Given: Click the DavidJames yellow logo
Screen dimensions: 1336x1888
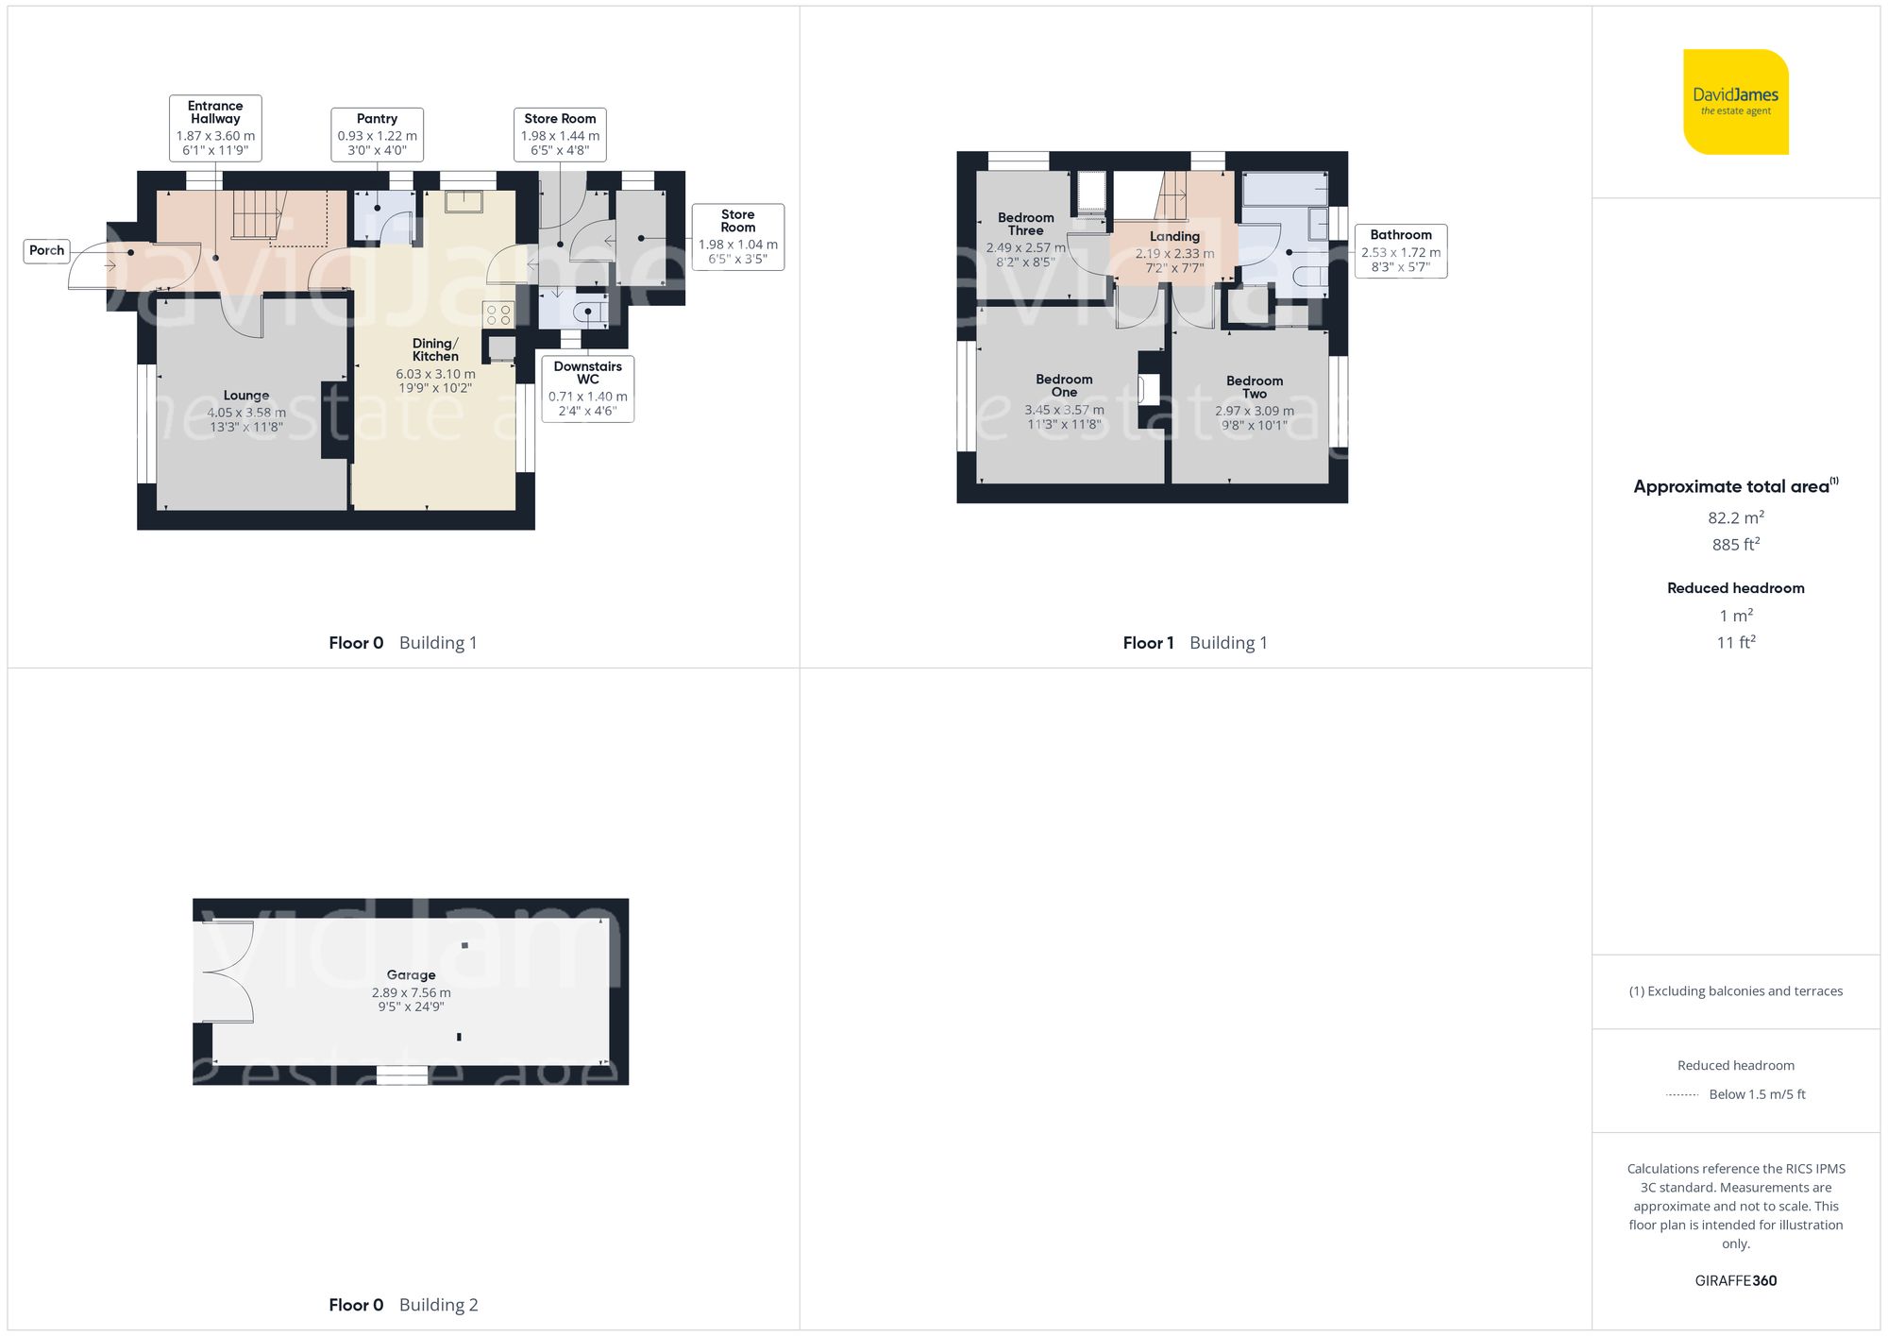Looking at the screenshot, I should tap(1735, 102).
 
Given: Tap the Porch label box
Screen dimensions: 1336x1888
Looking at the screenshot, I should tap(46, 250).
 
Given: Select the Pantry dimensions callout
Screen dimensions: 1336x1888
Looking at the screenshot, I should tap(377, 135).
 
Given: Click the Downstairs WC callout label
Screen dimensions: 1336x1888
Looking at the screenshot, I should tap(587, 388).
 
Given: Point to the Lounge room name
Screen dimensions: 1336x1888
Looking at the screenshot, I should tap(246, 396).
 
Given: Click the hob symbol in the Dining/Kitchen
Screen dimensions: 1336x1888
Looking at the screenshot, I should tap(498, 314).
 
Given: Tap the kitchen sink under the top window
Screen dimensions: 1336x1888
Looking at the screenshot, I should tap(464, 201).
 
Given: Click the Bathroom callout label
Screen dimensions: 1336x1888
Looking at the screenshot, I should tap(1400, 250).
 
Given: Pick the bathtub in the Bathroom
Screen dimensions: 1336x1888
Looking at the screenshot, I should tap(1284, 189).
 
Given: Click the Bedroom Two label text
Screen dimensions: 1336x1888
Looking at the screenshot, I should tap(1254, 387).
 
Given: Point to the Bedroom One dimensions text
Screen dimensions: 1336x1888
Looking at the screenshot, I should tap(1064, 417).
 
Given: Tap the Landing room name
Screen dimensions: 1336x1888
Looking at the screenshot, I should tap(1174, 236).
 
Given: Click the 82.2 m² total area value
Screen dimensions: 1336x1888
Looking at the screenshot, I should tap(1735, 517).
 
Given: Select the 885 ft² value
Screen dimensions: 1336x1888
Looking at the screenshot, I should tap(1735, 545).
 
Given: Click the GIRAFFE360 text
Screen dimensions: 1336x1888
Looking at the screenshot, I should tap(1735, 1280).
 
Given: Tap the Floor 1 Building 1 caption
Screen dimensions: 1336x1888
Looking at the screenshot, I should tap(1194, 643).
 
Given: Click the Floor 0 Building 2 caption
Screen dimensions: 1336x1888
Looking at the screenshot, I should tap(403, 1305).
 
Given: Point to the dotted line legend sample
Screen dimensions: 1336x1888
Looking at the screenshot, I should tap(1682, 1095).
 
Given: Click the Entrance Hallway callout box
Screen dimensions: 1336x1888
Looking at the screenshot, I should tap(215, 128).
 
